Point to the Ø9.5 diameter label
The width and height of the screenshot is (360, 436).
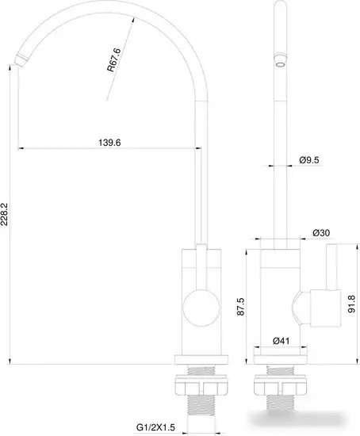(309, 160)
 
